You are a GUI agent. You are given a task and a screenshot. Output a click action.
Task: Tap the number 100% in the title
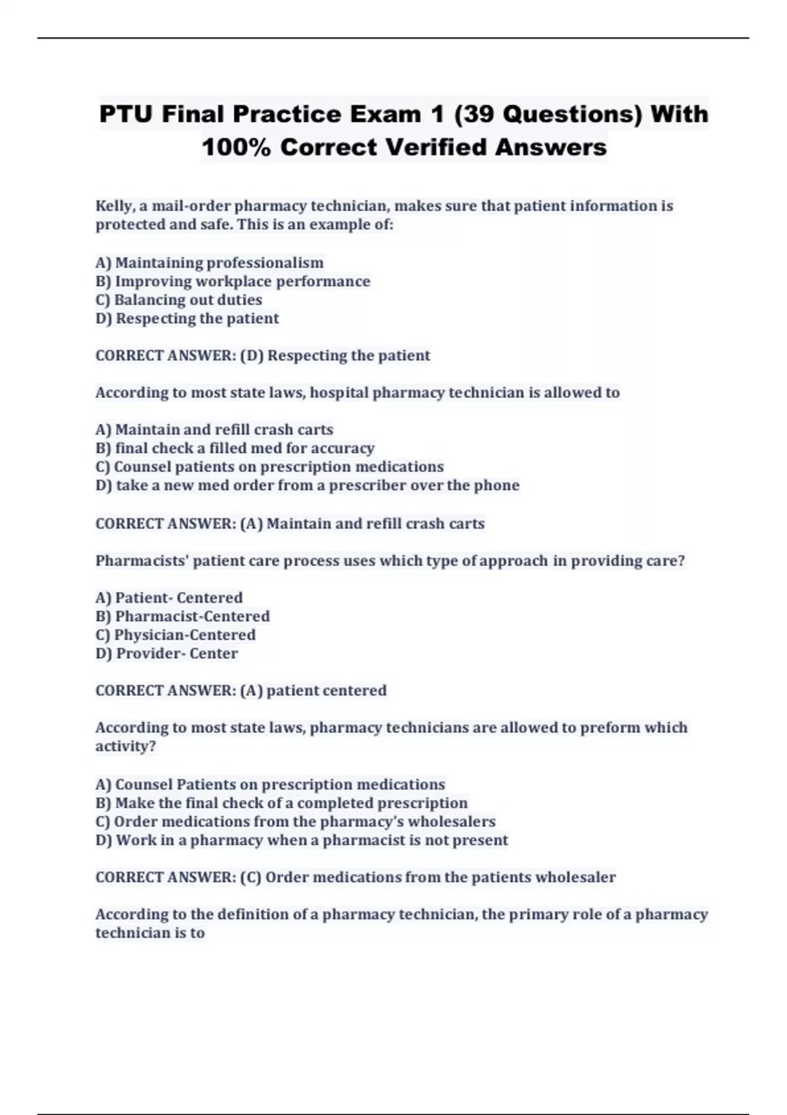pos(236,147)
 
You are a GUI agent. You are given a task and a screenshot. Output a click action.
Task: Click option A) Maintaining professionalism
pos(209,262)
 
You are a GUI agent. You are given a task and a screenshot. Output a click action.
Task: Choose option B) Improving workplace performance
pos(233,281)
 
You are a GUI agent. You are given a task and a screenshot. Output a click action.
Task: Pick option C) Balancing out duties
pos(178,300)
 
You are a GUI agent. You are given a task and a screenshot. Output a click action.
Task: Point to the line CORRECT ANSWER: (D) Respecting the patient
pos(262,355)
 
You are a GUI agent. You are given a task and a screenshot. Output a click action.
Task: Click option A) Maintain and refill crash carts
pos(214,430)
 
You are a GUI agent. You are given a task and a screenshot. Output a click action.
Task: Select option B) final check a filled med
pos(235,448)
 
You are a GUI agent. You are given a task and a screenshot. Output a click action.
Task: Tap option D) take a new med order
pos(307,485)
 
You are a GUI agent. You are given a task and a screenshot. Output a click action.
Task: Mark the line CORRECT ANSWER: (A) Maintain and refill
pos(290,523)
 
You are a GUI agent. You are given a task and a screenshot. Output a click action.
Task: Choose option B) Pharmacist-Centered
pos(182,617)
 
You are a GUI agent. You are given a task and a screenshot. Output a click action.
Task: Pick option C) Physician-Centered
pos(175,635)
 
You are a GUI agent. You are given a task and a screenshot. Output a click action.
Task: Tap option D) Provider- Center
pos(167,653)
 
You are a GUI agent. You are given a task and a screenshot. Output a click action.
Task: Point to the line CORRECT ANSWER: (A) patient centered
pos(241,691)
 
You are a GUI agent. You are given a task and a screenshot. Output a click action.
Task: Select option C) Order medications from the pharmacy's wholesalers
pos(295,822)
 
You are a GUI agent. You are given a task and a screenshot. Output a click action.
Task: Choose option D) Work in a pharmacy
pos(302,840)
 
